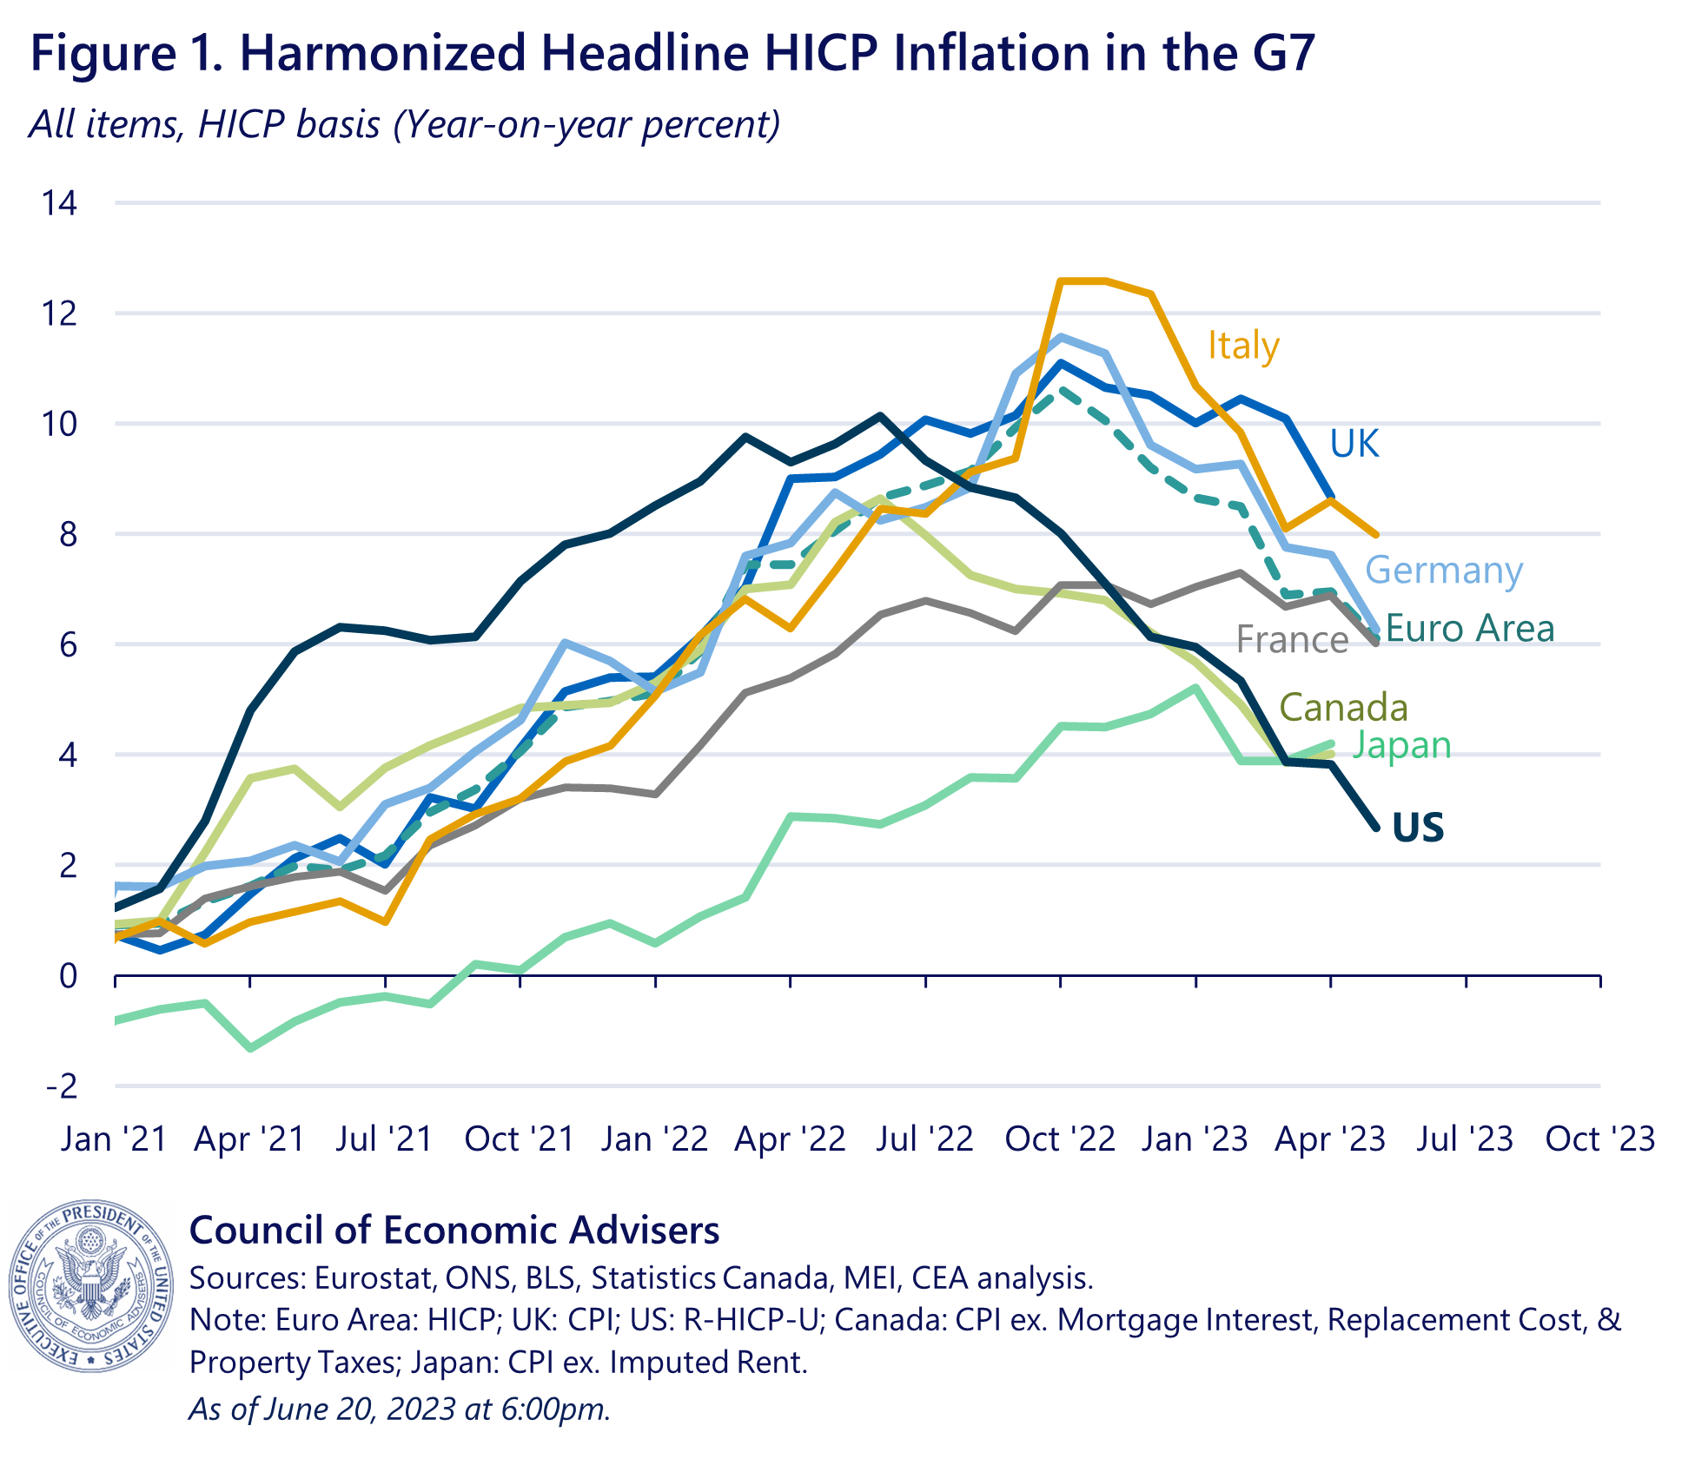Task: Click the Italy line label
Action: [1243, 346]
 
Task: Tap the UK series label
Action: [1354, 444]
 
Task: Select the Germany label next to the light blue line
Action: [1443, 571]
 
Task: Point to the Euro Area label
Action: [1469, 629]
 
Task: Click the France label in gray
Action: [1292, 640]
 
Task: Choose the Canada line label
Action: [1343, 708]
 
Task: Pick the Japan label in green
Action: [1401, 745]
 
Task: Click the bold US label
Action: [1418, 828]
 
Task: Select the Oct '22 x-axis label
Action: [1060, 1139]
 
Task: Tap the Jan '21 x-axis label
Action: [114, 1139]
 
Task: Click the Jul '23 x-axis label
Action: [1465, 1139]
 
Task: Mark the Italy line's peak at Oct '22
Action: [1062, 281]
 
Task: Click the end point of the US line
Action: [1376, 828]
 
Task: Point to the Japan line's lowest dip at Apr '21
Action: [251, 1048]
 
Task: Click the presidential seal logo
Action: [91, 1286]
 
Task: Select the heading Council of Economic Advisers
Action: [454, 1231]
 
